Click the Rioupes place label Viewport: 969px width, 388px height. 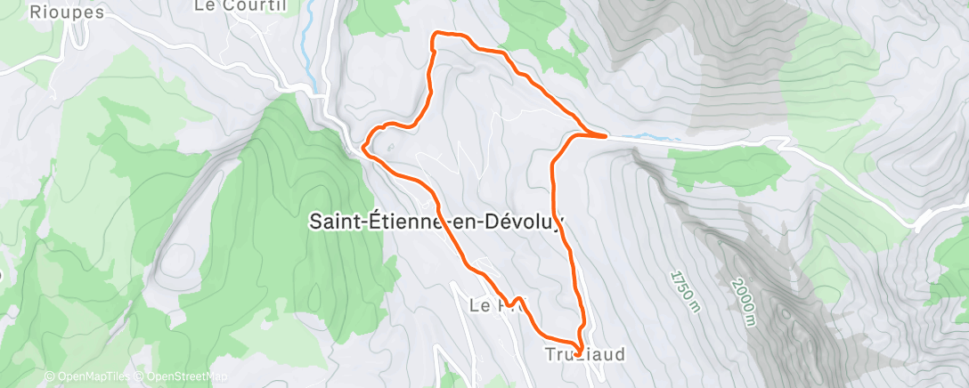67,12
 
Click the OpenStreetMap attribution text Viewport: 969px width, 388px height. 182,377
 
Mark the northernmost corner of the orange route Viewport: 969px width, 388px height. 435,34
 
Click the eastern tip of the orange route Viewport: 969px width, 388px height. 606,136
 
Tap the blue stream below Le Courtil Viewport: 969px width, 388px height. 308,36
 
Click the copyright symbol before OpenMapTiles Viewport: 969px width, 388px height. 49,377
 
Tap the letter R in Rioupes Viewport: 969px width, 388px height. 36,12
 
